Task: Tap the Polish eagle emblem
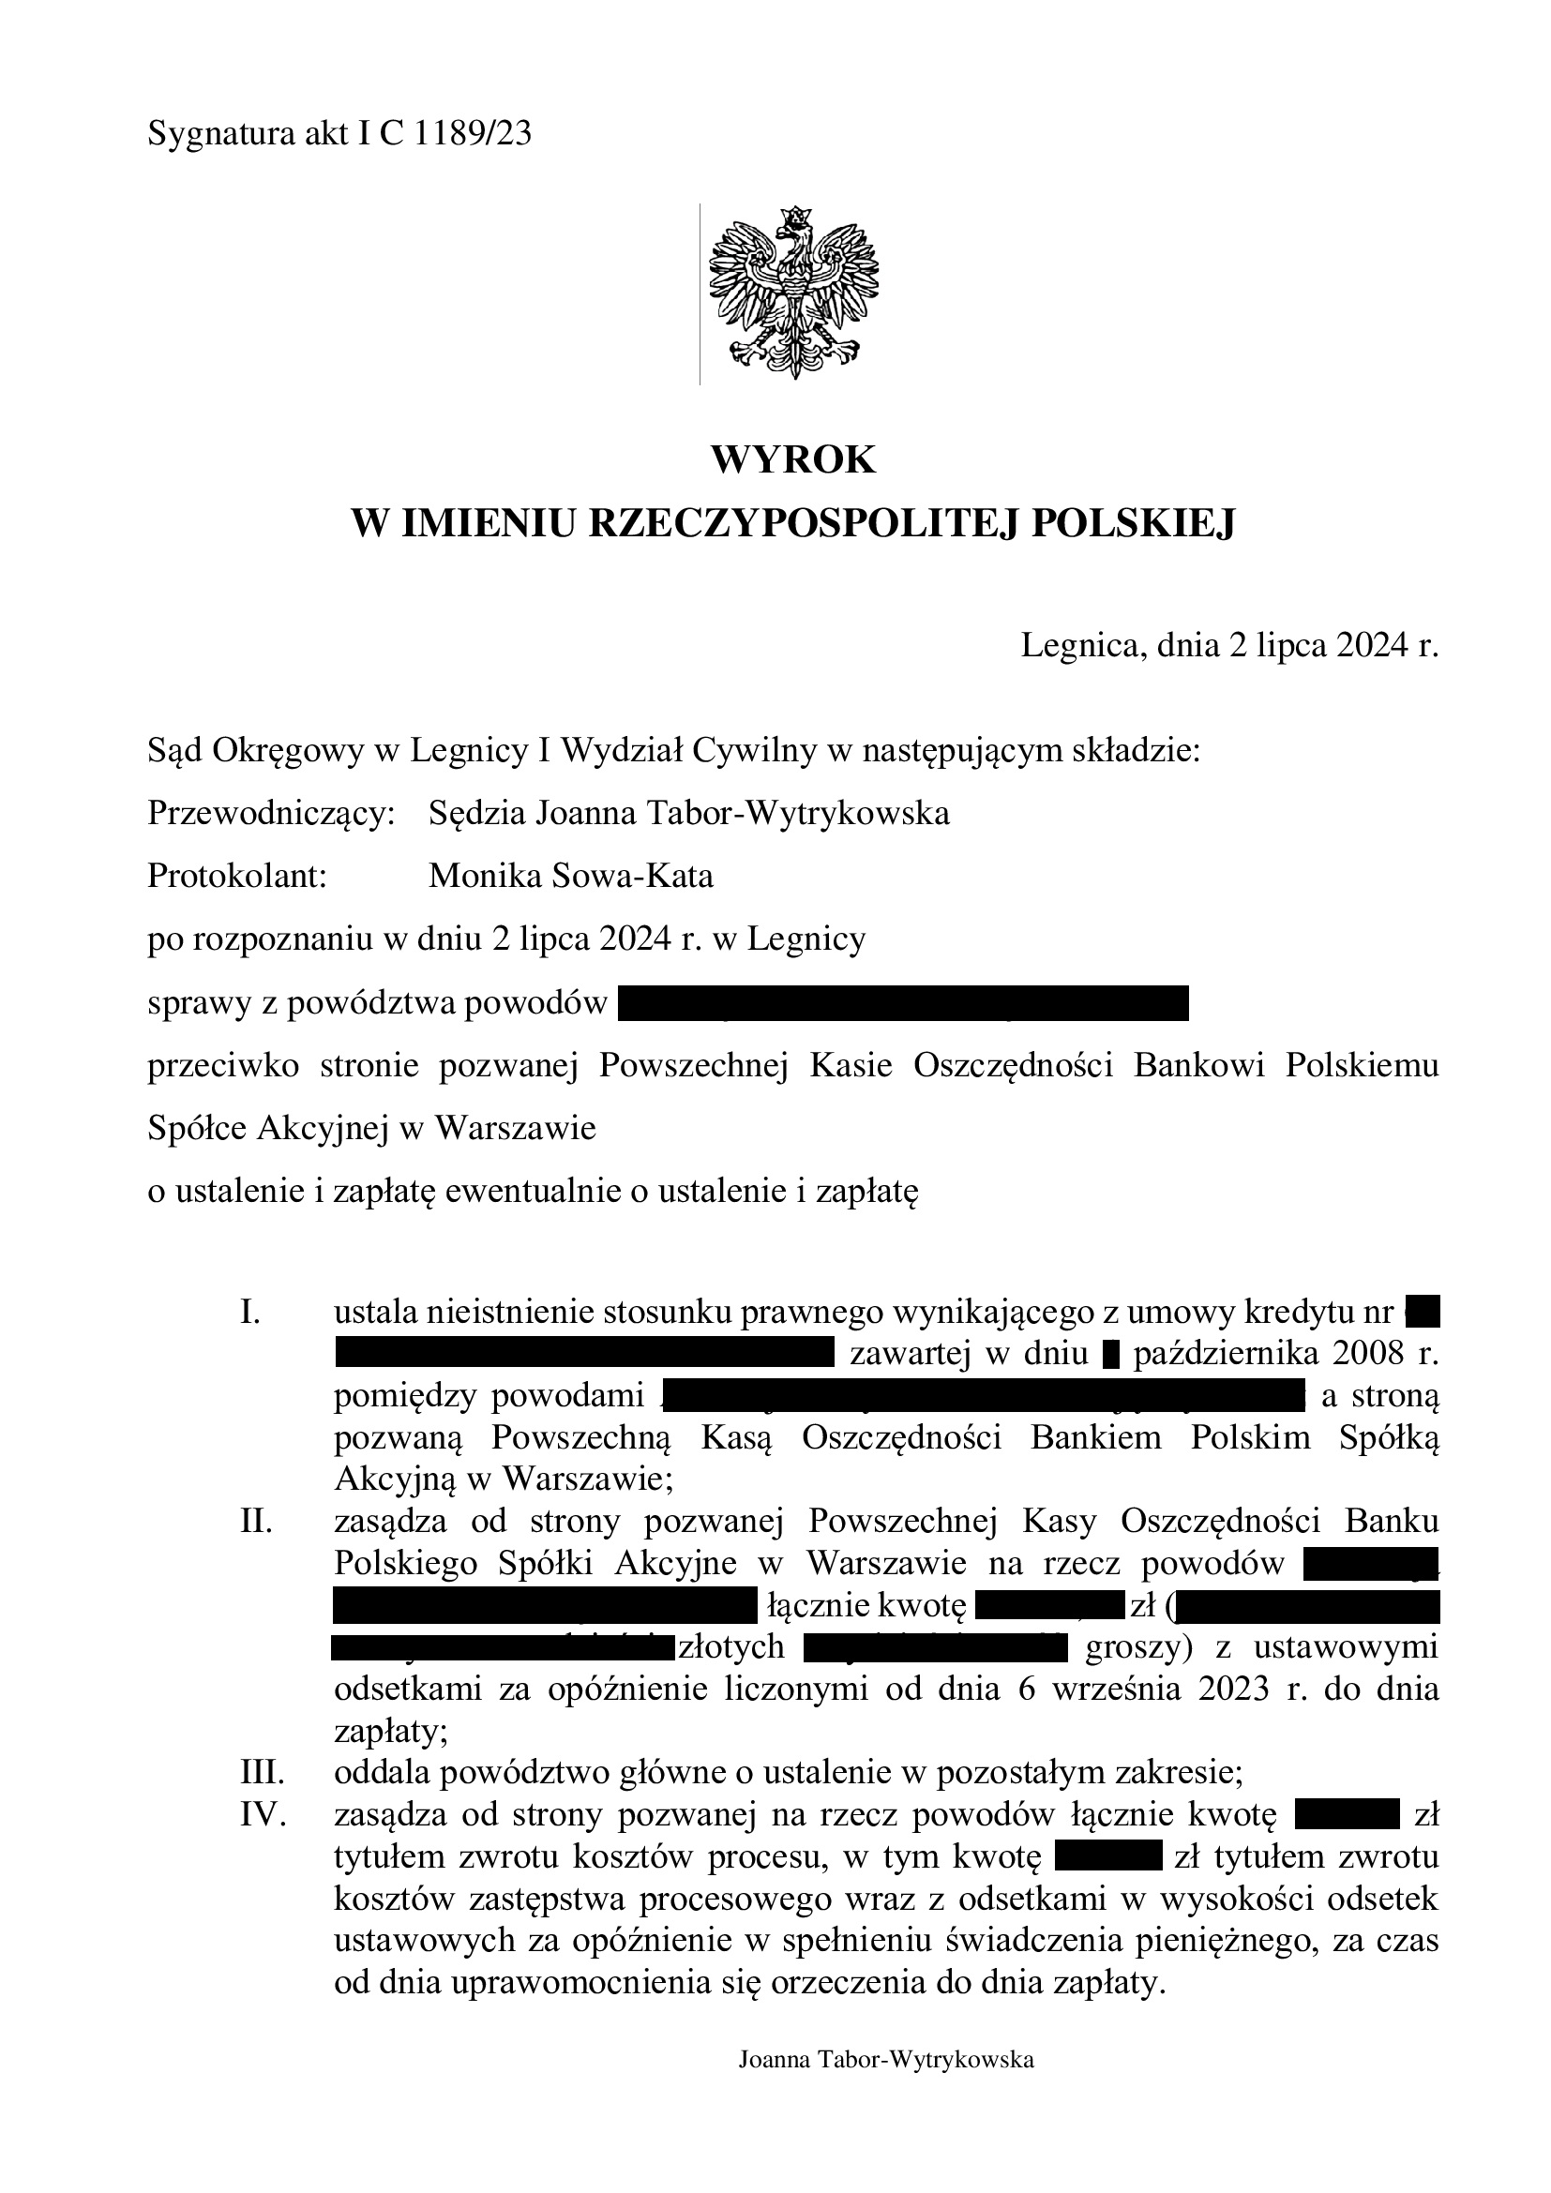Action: (x=792, y=293)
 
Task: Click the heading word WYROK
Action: (x=792, y=460)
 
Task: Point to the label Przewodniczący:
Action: (x=271, y=814)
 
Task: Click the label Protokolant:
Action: (x=237, y=876)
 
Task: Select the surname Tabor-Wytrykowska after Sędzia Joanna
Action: (x=798, y=814)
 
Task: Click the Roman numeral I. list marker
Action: (x=250, y=1314)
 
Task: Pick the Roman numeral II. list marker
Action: (x=256, y=1520)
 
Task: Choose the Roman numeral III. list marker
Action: (x=263, y=1774)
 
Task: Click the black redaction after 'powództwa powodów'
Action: (x=902, y=1004)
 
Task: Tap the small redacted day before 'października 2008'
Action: (x=1109, y=1355)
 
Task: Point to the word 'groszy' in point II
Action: (x=1133, y=1647)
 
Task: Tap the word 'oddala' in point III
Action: (x=375, y=1774)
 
